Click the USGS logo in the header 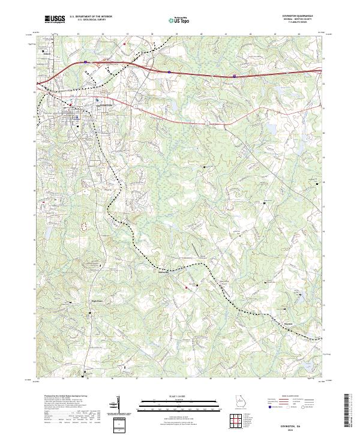[x=55, y=19]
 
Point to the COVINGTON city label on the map [x=104, y=104]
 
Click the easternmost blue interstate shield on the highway [x=233, y=76]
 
